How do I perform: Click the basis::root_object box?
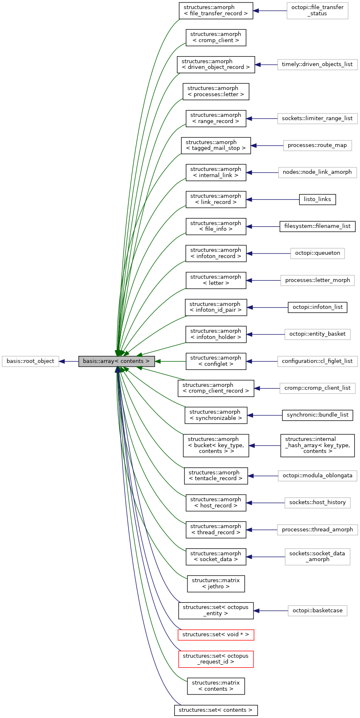(x=30, y=361)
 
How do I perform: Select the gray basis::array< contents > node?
(x=116, y=361)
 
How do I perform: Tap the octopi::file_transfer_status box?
(x=317, y=10)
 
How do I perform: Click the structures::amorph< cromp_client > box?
(x=216, y=38)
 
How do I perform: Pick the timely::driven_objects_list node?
(x=317, y=64)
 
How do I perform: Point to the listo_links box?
(x=317, y=199)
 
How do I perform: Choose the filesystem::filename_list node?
(x=317, y=226)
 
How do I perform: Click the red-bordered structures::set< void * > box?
(x=216, y=635)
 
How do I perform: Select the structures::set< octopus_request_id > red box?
(x=216, y=659)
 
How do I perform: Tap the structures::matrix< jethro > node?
(x=216, y=583)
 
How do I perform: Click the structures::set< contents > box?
(x=216, y=710)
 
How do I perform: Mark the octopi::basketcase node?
(x=317, y=611)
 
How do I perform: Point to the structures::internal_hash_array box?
(x=317, y=445)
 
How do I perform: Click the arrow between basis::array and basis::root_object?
(x=69, y=361)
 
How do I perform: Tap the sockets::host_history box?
(x=317, y=502)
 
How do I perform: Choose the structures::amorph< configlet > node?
(x=216, y=361)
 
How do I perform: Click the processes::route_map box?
(x=317, y=145)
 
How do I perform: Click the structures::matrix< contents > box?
(x=216, y=686)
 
